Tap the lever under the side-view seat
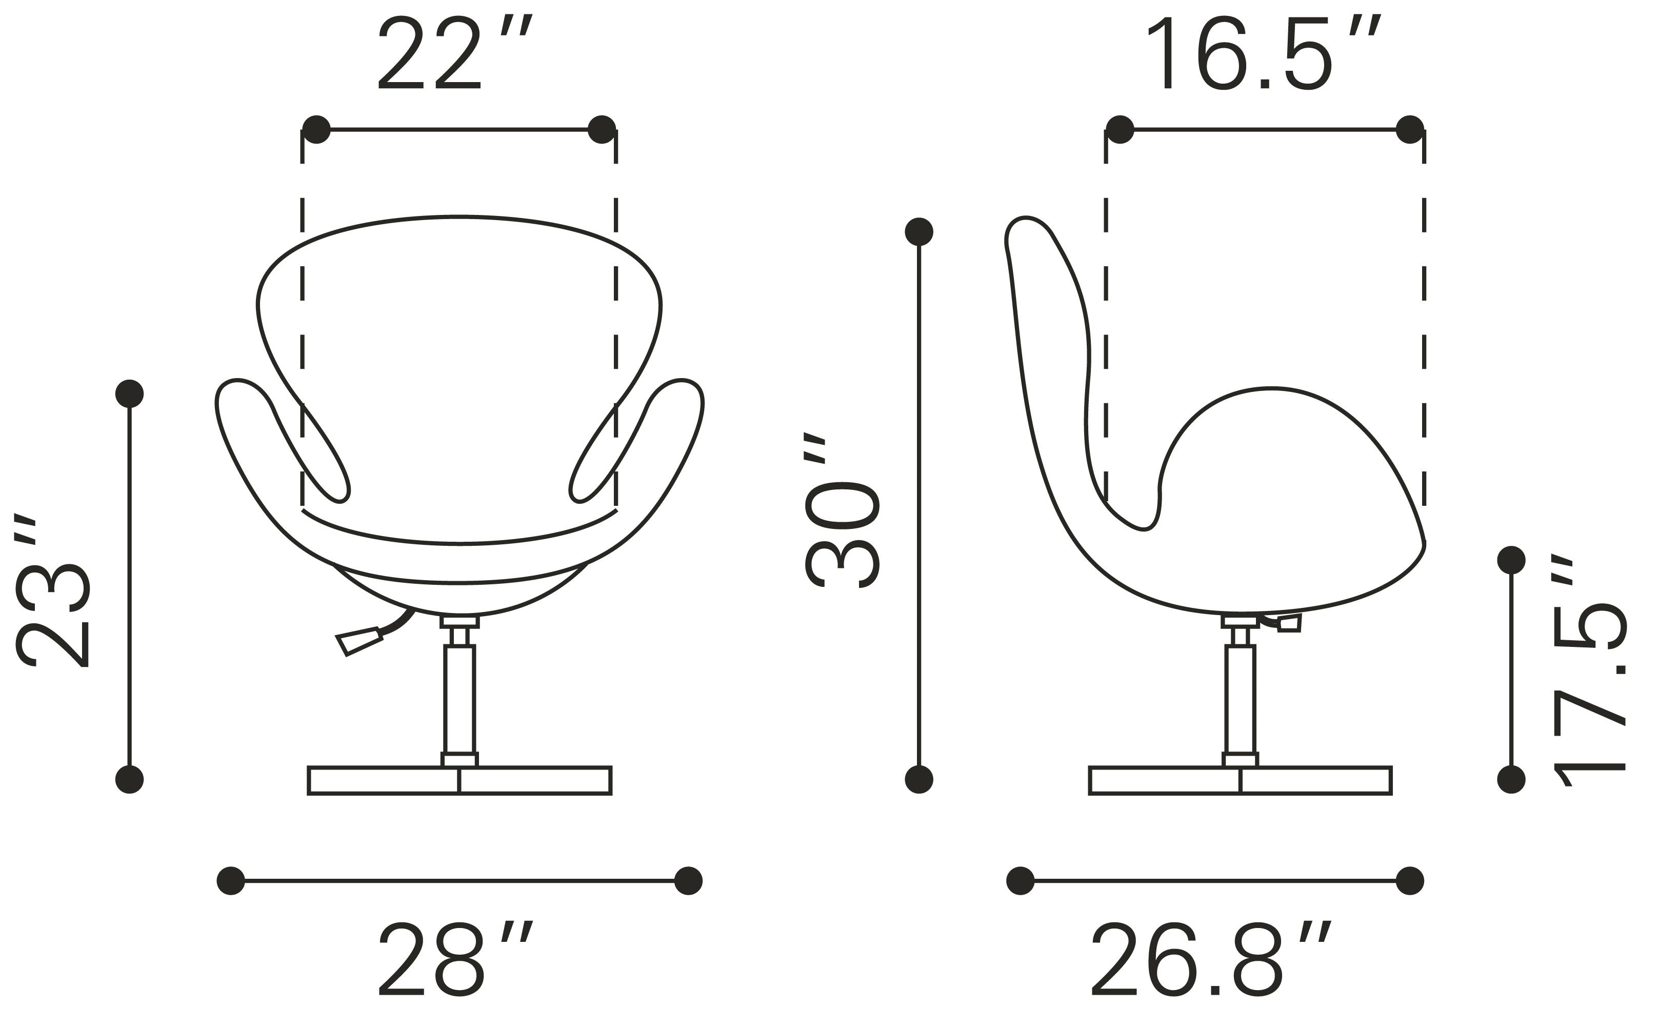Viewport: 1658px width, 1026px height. click(x=1284, y=623)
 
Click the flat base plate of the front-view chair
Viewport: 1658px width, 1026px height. click(x=460, y=780)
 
